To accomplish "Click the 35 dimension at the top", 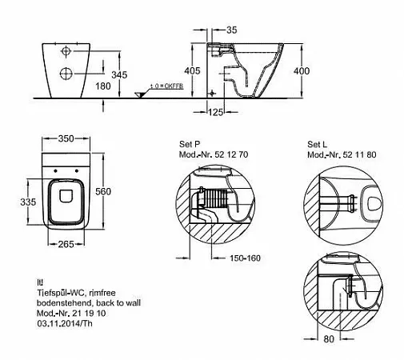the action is [x=231, y=30].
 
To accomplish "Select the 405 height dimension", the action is [x=192, y=70].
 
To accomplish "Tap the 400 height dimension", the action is [x=302, y=71].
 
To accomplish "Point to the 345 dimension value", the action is [x=119, y=75].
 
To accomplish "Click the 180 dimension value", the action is [x=103, y=86].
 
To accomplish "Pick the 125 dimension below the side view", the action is [x=215, y=112].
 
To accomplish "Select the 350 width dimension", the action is [x=66, y=138].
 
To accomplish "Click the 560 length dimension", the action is [x=103, y=191].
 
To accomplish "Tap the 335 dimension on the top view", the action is [x=28, y=202].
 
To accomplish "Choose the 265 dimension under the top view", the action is [x=66, y=244].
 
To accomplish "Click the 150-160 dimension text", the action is [x=245, y=258].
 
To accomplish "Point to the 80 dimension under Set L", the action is [x=329, y=339].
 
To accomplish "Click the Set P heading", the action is [x=190, y=144].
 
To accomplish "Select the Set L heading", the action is [x=317, y=144].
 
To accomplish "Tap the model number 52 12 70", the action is [x=231, y=154].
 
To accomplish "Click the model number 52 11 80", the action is [x=359, y=154].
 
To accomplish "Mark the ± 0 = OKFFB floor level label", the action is [x=167, y=86].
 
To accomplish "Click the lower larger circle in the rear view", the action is [x=66, y=74].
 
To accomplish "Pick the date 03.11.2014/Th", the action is [x=65, y=323].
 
